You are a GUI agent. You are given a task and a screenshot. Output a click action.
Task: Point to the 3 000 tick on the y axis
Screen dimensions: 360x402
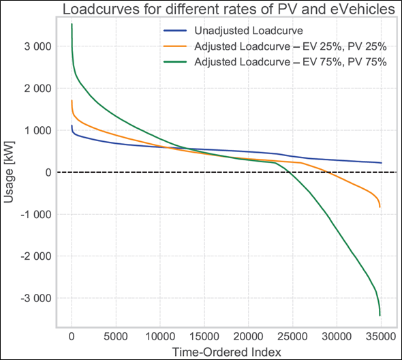[x=36, y=46]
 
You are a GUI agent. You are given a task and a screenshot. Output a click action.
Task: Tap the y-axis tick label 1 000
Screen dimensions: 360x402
[x=36, y=130]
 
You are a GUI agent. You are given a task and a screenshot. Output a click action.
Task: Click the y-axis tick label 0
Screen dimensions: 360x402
[x=46, y=172]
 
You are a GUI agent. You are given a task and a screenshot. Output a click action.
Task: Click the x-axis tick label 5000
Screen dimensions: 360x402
[x=116, y=336]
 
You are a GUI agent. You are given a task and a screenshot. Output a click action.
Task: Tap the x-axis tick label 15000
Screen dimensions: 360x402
[x=204, y=336]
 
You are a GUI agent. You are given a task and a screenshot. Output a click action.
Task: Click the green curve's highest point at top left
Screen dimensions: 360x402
[x=72, y=25]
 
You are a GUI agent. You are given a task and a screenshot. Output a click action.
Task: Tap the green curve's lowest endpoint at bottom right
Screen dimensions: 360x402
[x=380, y=316]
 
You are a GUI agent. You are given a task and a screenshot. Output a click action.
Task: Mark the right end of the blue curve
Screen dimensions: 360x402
[x=381, y=163]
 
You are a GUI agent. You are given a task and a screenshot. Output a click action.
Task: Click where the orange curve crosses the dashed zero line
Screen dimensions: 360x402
[x=328, y=172]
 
